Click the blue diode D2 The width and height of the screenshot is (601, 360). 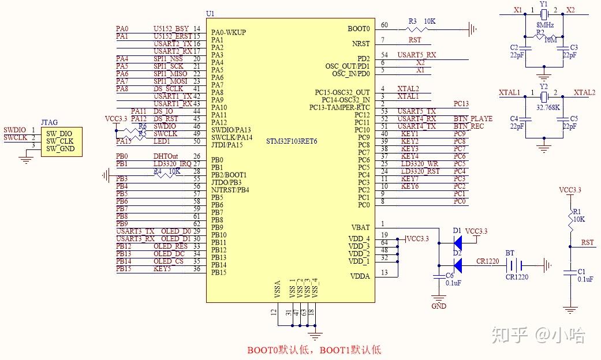pyautogui.click(x=458, y=265)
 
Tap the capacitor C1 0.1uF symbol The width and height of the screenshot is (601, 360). pyautogui.click(x=570, y=272)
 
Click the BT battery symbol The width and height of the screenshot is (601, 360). pyautogui.click(x=514, y=265)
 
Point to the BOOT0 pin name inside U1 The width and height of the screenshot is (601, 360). pyautogui.click(x=359, y=28)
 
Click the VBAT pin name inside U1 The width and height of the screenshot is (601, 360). pyautogui.click(x=360, y=227)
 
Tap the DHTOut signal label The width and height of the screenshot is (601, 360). pyautogui.click(x=165, y=156)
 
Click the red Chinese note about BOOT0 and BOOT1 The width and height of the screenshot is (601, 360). pyautogui.click(x=314, y=350)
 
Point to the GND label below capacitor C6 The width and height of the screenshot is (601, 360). pyautogui.click(x=439, y=306)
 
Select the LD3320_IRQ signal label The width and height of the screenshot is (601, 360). pyautogui.click(x=172, y=164)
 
